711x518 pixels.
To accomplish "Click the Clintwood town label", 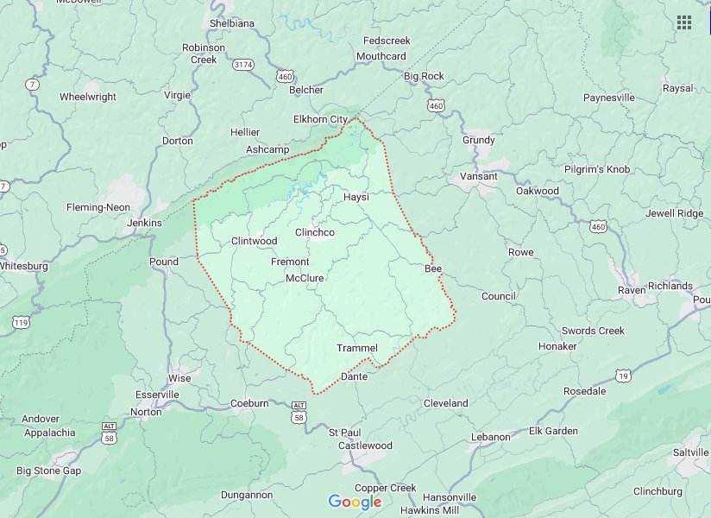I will click(254, 241).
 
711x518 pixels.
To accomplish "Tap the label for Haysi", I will click(356, 197).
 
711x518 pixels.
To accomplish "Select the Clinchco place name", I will click(314, 232).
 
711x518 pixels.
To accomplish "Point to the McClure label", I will click(305, 278).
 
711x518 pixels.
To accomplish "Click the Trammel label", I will click(357, 348).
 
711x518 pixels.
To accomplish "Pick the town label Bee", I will click(432, 269).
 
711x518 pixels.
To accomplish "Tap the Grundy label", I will click(479, 140).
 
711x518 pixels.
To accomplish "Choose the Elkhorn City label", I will click(320, 119).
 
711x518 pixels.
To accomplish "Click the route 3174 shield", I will click(243, 64).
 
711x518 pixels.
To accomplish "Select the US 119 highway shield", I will click(21, 322).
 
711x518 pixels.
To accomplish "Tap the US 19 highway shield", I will click(623, 374).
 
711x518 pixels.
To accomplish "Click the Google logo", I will click(355, 502).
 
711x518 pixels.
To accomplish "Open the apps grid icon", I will click(684, 22).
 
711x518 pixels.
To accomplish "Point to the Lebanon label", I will click(491, 437).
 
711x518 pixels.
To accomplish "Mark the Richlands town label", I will click(670, 286).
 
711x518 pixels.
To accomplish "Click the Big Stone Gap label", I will click(48, 471).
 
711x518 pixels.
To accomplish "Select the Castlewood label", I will click(365, 445).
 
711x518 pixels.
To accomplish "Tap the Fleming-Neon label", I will click(98, 207).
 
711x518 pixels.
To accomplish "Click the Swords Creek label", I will click(594, 331).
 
